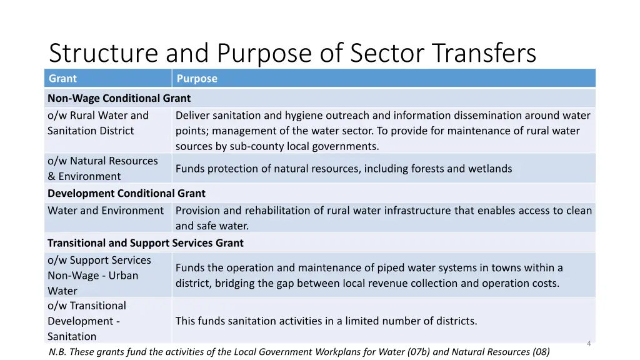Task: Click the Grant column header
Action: pyautogui.click(x=62, y=79)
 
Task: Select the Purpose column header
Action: pyautogui.click(x=197, y=79)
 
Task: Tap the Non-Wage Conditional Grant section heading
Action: pyautogui.click(x=119, y=98)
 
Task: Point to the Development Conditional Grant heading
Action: pyautogui.click(x=126, y=194)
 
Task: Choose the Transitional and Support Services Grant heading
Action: pyautogui.click(x=146, y=243)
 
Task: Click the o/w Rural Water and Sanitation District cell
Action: pyautogui.click(x=98, y=123)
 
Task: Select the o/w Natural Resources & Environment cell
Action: pyautogui.click(x=102, y=169)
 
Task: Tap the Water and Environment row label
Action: pyautogui.click(x=106, y=211)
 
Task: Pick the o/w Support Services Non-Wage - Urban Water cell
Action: pyautogui.click(x=99, y=276)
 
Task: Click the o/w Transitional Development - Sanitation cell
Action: pyautogui.click(x=87, y=321)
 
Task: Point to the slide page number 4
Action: pyautogui.click(x=589, y=343)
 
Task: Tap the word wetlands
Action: pyautogui.click(x=491, y=169)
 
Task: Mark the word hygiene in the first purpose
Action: pyautogui.click(x=305, y=116)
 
